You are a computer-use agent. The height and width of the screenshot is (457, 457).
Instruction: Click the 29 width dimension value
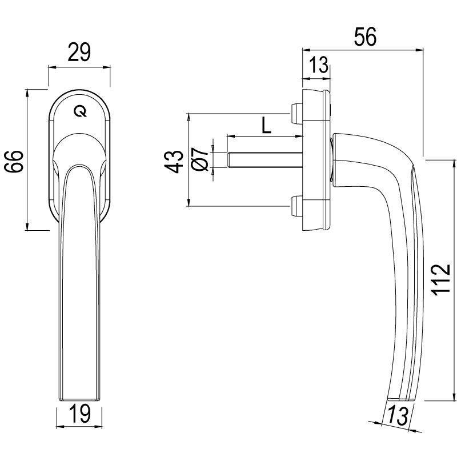tap(79, 53)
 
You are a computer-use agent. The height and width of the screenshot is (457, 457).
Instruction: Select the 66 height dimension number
tap(14, 160)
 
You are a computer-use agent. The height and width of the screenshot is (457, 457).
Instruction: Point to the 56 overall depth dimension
tap(364, 37)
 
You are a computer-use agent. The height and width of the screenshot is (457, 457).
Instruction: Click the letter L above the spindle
tap(266, 125)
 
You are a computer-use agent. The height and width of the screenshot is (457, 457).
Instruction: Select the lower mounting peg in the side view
tap(296, 206)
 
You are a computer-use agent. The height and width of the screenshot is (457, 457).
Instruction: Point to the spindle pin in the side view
tap(263, 160)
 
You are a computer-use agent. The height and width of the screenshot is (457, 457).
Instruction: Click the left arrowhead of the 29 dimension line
tap(50, 67)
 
